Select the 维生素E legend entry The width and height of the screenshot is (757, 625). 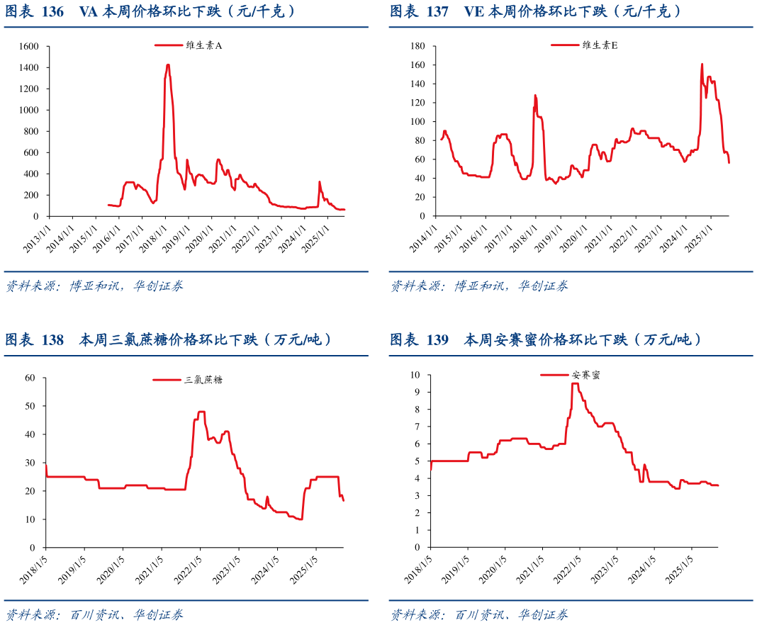585,45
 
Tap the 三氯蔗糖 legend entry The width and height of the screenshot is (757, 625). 188,380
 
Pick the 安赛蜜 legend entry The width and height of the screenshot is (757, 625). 571,376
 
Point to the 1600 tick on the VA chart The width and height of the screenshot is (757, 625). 30,46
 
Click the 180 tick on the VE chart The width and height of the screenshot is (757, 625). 417,46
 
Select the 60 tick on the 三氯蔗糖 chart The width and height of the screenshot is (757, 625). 30,378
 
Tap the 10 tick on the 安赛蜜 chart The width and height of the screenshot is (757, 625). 416,375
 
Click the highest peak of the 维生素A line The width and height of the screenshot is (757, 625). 168,65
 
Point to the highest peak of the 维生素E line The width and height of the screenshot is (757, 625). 702,64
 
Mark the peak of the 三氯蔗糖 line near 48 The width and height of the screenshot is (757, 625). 201,412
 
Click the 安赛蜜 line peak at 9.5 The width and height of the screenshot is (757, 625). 575,383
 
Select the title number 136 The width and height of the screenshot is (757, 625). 53,12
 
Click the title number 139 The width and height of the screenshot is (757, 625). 438,340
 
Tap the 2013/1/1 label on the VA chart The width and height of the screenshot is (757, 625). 35,239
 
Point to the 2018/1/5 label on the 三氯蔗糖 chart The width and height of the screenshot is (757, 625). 34,570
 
